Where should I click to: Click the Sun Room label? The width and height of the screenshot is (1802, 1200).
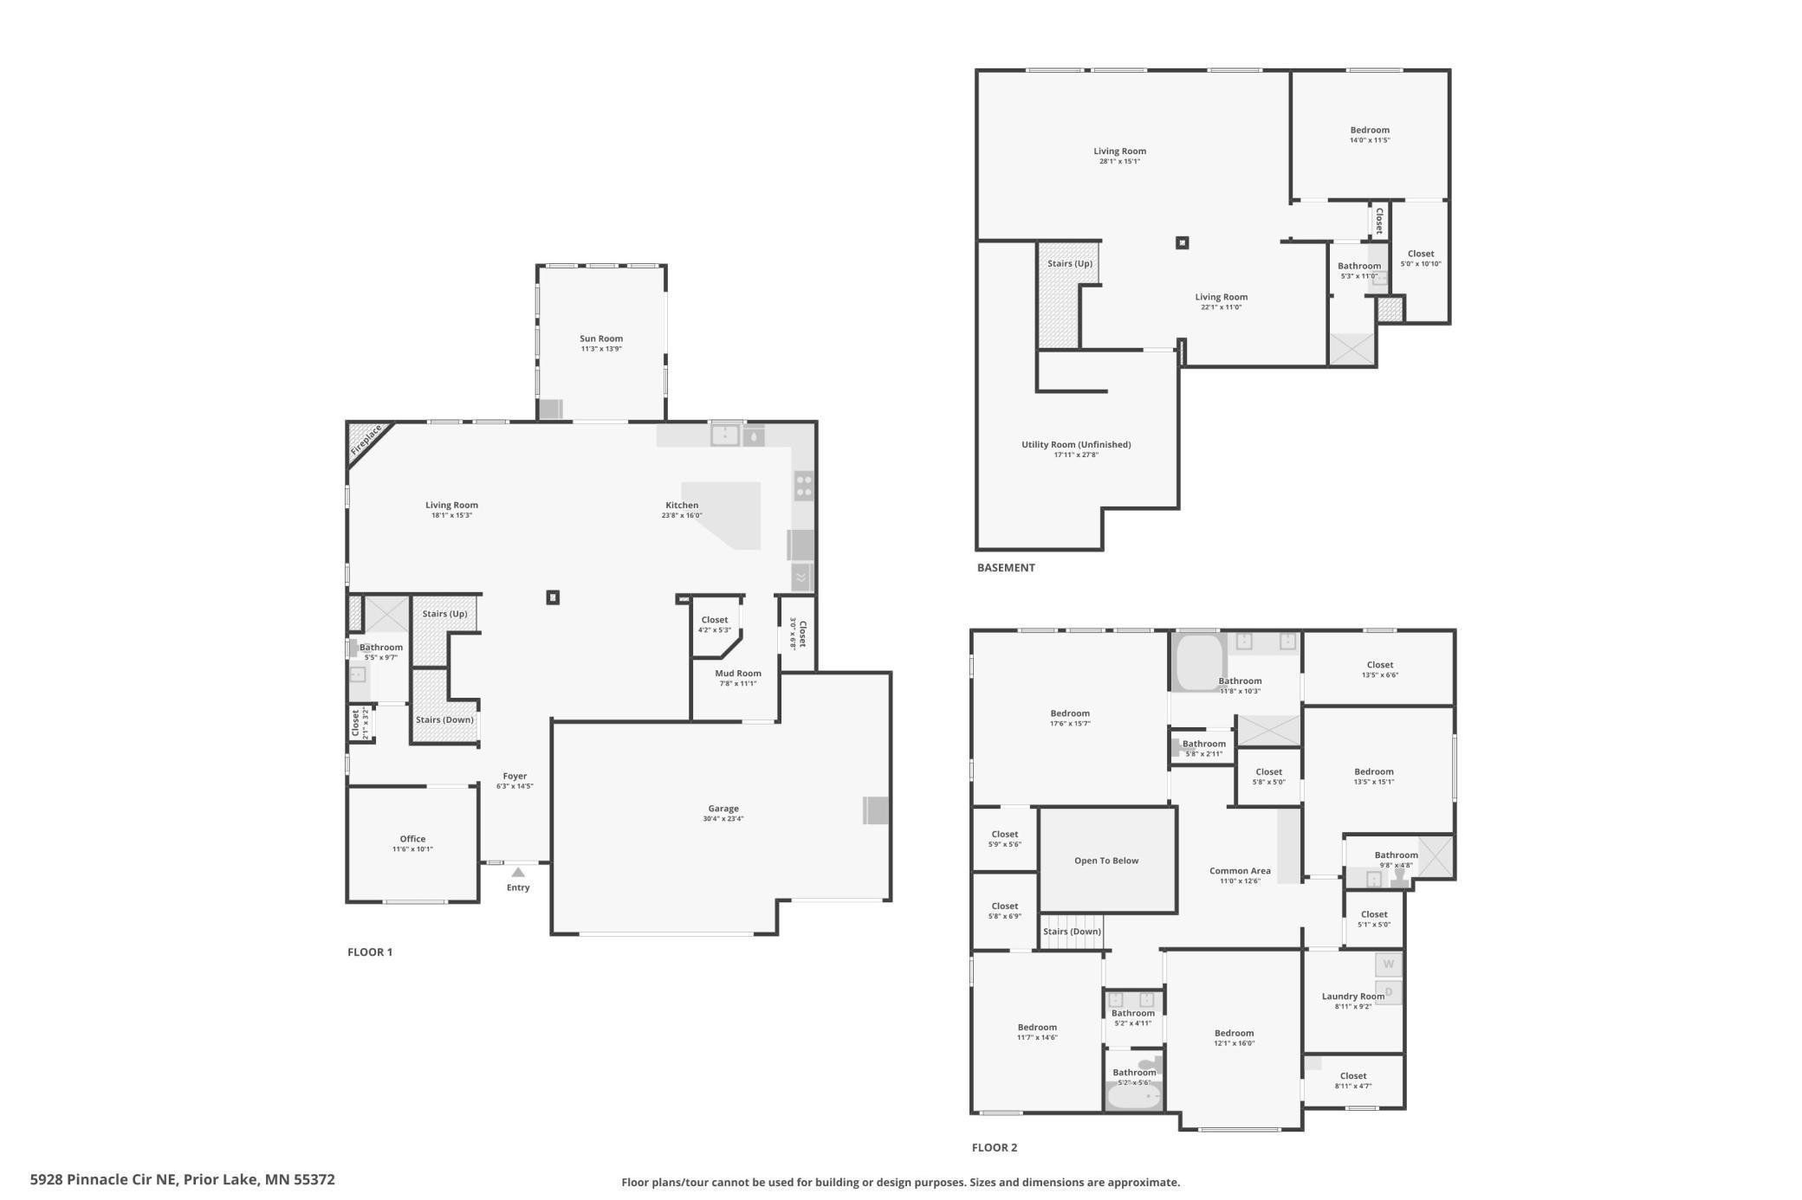[x=601, y=339]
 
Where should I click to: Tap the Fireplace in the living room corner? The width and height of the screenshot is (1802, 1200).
[x=366, y=440]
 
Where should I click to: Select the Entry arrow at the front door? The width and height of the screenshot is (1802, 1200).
[x=518, y=872]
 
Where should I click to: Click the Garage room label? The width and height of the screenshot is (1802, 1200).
[x=723, y=809]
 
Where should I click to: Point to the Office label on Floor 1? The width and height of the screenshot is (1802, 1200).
[x=412, y=839]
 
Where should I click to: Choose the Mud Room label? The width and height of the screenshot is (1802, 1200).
[x=738, y=674]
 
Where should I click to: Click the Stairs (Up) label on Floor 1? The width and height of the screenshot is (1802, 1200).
[x=444, y=614]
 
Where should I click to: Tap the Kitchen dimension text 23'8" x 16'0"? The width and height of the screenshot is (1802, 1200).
[x=682, y=515]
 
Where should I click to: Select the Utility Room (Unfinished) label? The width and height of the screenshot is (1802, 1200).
[x=1076, y=445]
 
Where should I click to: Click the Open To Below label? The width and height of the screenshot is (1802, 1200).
[x=1106, y=861]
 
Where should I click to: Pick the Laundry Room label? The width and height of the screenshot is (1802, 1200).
[x=1353, y=997]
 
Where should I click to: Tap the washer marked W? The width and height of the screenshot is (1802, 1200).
[x=1389, y=965]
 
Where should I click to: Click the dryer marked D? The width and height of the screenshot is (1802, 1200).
[x=1389, y=992]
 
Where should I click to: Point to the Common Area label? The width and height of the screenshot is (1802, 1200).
[x=1240, y=871]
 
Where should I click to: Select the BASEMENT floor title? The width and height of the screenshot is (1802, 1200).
[x=1006, y=568]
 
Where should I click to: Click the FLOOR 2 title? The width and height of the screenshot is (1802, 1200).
[x=995, y=1148]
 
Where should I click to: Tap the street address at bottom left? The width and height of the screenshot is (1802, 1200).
[x=183, y=1179]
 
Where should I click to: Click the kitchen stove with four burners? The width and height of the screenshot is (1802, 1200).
[x=804, y=486]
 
